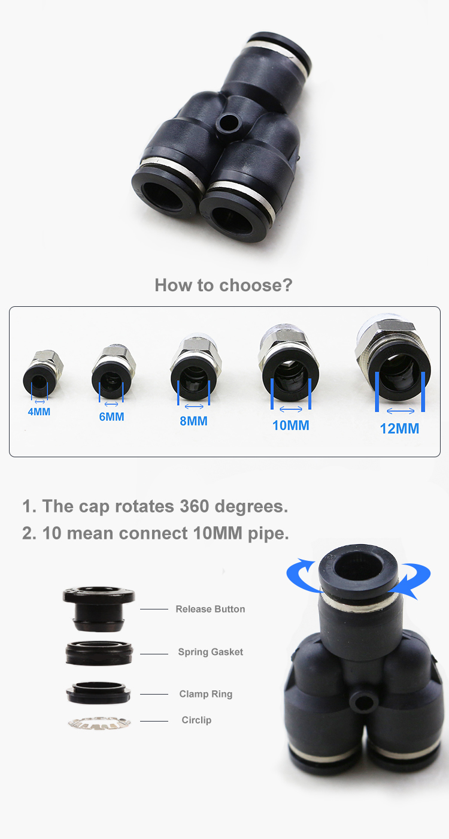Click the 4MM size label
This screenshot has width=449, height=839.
coord(39,412)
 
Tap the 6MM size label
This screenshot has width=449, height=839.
coord(111,417)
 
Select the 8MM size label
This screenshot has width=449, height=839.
coord(193,421)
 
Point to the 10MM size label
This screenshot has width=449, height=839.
coord(291,425)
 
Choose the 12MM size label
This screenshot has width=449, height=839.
coord(399,429)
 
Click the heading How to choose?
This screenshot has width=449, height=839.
coord(223,285)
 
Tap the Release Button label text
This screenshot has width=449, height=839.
coord(210,609)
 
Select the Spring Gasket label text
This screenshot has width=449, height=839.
coord(210,652)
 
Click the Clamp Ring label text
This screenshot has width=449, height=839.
coord(205,694)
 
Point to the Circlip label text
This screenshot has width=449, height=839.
coord(196,720)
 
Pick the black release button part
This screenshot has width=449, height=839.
coord(99,608)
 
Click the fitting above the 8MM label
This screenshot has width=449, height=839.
coord(193,368)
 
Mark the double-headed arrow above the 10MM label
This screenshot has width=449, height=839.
coord(291,409)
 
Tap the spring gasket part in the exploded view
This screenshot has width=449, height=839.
coord(99,652)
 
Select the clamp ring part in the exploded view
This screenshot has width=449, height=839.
coord(99,693)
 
